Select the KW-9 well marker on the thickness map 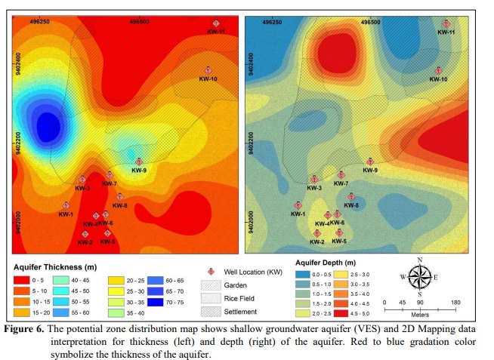[x=138, y=160]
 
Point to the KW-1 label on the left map [x=66, y=214]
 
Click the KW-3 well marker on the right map [x=314, y=179]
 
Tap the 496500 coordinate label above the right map [x=370, y=23]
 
